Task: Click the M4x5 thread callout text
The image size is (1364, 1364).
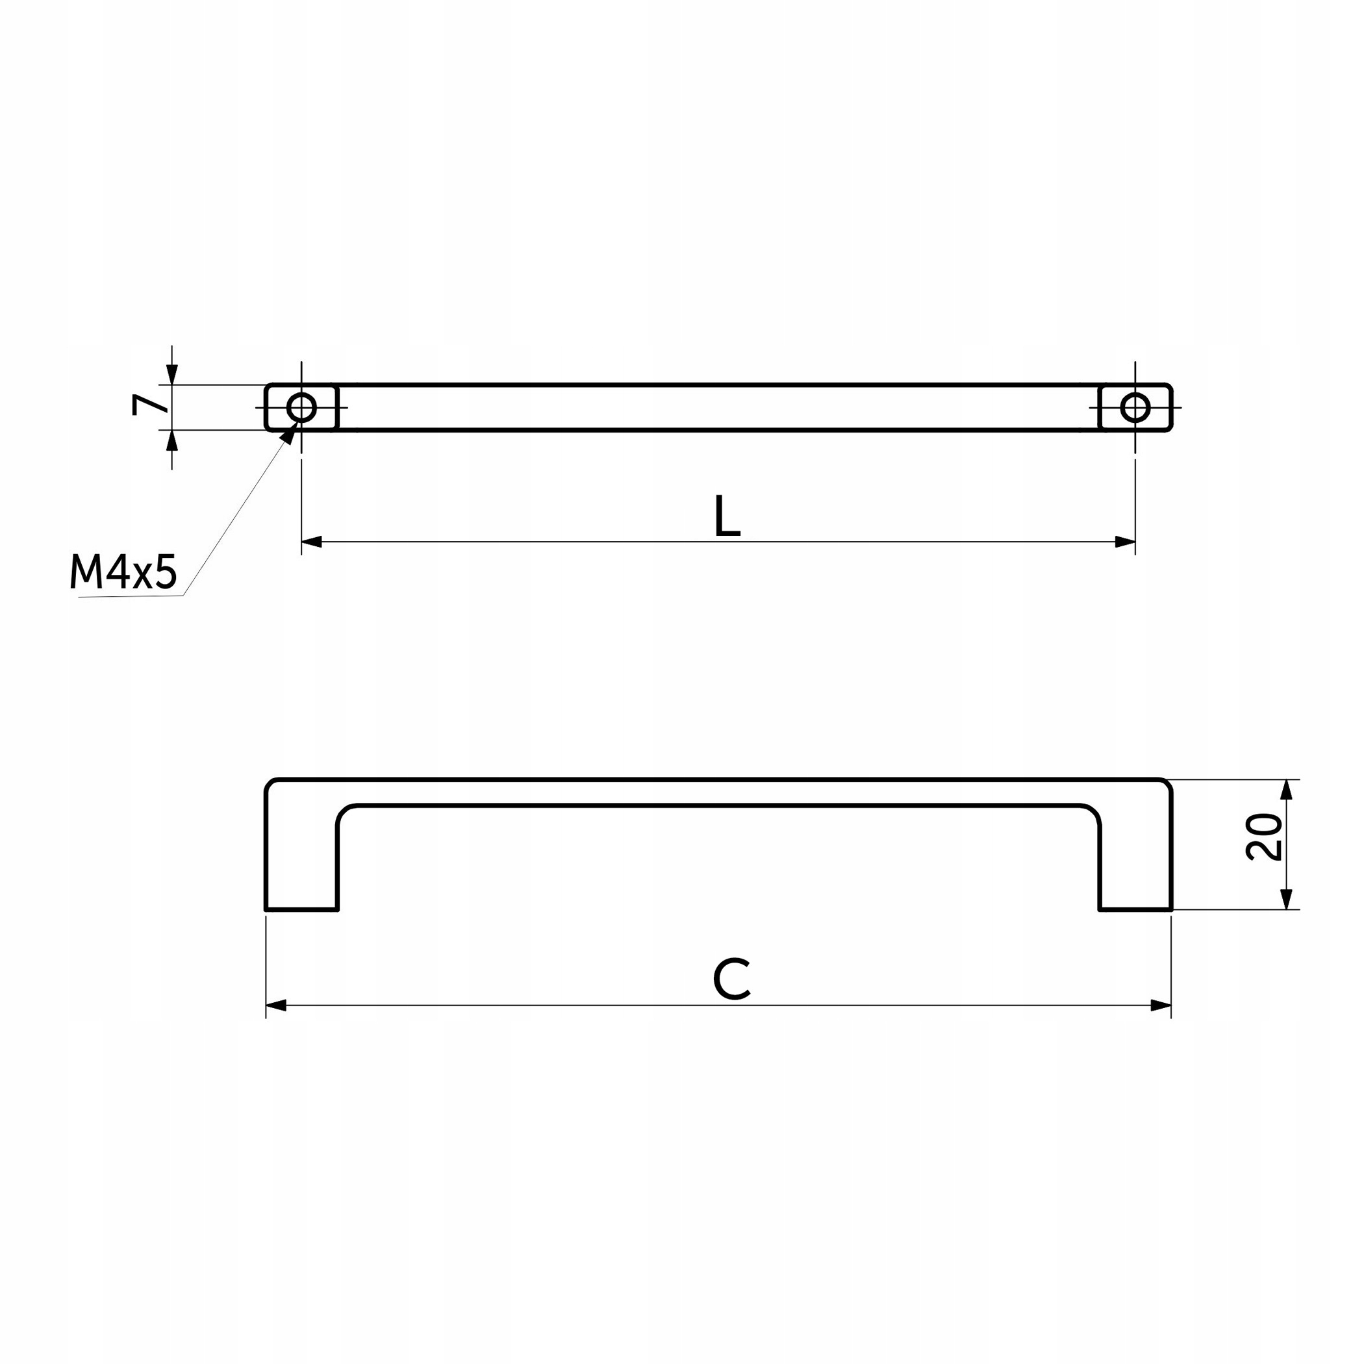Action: point(123,572)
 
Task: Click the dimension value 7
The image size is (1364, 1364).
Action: point(149,404)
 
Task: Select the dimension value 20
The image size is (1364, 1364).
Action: point(1264,837)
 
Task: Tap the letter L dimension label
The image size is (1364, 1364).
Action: point(727,516)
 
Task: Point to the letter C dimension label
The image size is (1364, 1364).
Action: point(731,979)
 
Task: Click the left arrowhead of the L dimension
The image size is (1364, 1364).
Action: point(311,542)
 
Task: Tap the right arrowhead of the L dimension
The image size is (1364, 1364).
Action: point(1126,542)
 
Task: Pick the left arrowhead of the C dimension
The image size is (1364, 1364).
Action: point(276,1005)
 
